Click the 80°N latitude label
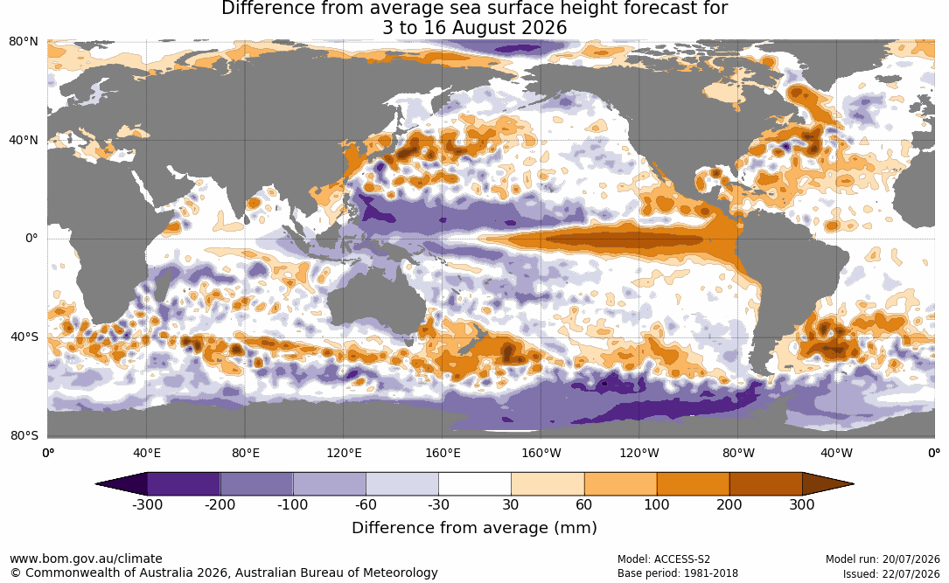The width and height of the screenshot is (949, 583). pos(23,42)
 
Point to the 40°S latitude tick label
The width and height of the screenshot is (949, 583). pos(24,337)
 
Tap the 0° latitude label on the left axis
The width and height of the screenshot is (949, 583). pos(31,239)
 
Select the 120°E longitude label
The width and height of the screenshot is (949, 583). pos(344,453)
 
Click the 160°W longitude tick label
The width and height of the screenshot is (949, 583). pos(541,453)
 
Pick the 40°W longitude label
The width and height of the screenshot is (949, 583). pos(836,453)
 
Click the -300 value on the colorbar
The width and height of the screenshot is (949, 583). pos(147,504)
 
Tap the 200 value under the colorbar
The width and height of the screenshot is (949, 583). pos(729,504)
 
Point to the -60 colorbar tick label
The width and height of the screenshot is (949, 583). pos(366,504)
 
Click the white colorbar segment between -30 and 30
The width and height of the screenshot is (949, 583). pos(475,484)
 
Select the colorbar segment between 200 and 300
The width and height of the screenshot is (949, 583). pos(765,484)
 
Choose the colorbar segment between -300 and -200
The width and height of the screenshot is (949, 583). pos(184,484)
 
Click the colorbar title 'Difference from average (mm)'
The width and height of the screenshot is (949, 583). pos(474,527)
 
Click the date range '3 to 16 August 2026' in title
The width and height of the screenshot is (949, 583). pos(474,28)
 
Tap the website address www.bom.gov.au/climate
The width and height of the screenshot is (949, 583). pos(86,559)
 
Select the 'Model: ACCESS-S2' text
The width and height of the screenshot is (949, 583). pos(664,559)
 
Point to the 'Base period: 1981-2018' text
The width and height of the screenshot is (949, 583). pos(678,573)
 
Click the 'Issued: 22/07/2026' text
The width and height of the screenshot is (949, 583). pos(891,573)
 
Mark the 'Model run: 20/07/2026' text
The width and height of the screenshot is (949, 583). pos(883,559)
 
